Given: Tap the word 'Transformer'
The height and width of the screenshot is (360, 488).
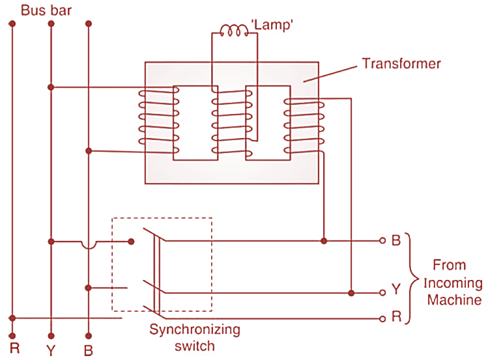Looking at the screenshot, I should click(401, 64).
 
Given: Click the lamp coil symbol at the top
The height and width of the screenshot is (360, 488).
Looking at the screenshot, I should click(234, 30).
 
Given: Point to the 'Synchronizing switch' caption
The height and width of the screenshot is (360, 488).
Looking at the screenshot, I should click(195, 338).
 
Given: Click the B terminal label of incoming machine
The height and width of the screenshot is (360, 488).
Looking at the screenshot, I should click(395, 241).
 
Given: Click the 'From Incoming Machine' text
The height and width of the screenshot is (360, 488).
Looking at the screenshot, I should click(450, 283).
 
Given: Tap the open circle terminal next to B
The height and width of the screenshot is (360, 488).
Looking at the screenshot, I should click(382, 241).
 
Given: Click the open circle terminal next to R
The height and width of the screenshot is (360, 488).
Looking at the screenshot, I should click(382, 319).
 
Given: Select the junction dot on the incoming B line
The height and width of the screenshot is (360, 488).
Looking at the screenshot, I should click(324, 241).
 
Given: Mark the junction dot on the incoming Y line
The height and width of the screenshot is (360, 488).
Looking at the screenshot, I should click(352, 293).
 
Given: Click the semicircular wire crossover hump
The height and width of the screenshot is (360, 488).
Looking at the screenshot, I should click(88, 244).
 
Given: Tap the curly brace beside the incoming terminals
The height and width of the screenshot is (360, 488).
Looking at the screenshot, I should click(411, 278).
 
